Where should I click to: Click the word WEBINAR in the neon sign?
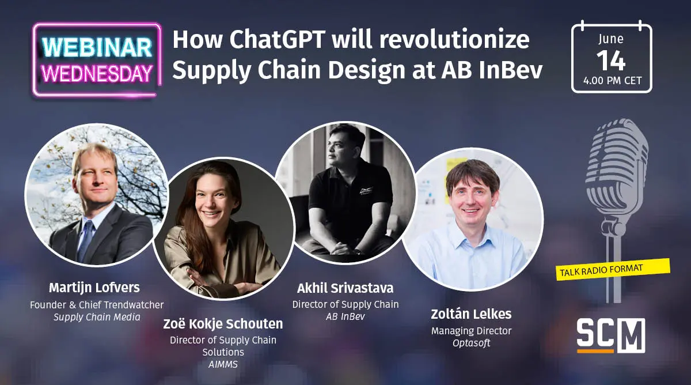[x=97, y=48]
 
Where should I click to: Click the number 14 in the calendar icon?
[x=611, y=61]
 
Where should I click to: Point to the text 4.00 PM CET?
[x=612, y=81]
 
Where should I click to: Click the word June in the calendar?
[x=611, y=39]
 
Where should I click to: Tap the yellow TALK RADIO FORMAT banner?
[x=612, y=270]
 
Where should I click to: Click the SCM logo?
[x=611, y=335]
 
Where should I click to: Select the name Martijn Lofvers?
[x=94, y=288]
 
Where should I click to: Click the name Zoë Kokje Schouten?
[x=223, y=324]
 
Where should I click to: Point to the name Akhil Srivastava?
[x=345, y=288]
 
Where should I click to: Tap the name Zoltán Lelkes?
[x=471, y=314]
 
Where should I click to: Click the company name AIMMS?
[x=223, y=365]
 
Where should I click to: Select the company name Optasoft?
[x=471, y=344]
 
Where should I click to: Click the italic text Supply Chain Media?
[x=97, y=317]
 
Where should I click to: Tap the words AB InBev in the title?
[x=491, y=70]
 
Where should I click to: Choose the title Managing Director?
[x=471, y=331]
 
